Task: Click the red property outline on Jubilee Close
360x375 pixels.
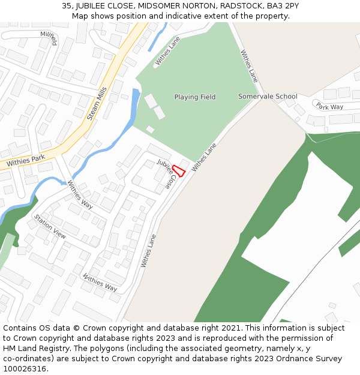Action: (x=178, y=170)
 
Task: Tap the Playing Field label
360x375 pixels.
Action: (x=195, y=97)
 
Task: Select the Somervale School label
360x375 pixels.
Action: (x=268, y=97)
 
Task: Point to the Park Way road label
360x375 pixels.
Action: (x=329, y=106)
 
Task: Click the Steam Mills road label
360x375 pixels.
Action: (x=97, y=103)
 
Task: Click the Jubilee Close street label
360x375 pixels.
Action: (x=168, y=175)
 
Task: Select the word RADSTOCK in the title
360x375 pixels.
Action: (x=241, y=5)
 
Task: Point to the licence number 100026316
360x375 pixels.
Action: (x=25, y=369)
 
